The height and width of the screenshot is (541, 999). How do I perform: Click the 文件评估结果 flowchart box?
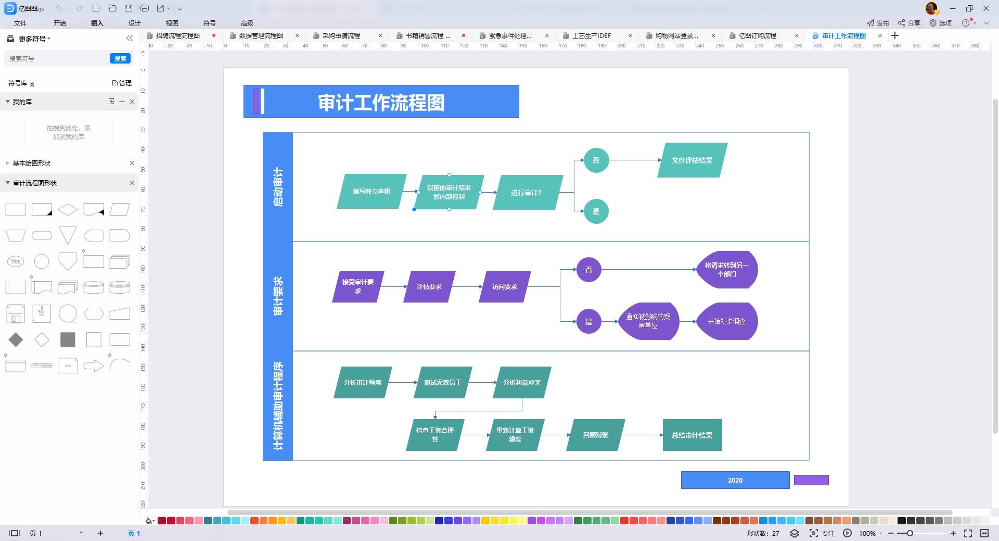coord(692,160)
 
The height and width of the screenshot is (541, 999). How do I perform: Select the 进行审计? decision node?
coord(527,193)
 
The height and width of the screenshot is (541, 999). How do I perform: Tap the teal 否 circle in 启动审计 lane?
coord(596,160)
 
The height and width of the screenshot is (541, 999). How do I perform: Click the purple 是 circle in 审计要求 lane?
coord(588,322)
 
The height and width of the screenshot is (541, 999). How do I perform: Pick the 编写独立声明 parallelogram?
coord(371,192)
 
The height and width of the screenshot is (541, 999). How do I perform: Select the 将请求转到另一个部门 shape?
coord(726,270)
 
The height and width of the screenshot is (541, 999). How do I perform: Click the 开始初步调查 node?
coord(726,322)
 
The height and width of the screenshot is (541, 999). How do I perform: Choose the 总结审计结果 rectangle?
coord(692,435)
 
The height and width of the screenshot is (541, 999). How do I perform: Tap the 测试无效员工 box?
coord(442,383)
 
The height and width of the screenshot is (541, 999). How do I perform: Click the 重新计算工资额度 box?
coord(515,435)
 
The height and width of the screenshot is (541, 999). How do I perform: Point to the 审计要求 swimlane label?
coord(278,296)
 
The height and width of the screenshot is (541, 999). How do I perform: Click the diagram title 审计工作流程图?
coord(381,102)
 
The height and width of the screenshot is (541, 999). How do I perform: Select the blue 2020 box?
coord(735,480)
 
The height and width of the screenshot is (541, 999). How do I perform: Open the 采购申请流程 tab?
coord(341,36)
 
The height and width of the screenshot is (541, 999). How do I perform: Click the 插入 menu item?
coord(97,23)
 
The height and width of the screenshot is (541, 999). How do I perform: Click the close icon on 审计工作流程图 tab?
coord(880,36)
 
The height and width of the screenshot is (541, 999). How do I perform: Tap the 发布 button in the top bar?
coord(878,23)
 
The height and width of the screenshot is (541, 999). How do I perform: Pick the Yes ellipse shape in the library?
coord(16,261)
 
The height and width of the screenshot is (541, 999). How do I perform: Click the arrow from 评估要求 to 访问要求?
coord(466,287)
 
